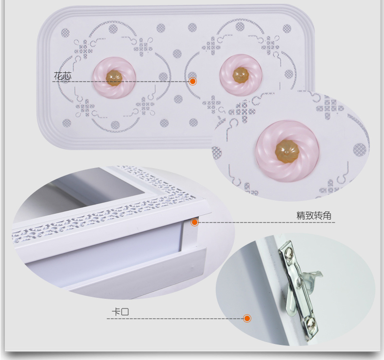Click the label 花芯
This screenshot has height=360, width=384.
[x=63, y=76]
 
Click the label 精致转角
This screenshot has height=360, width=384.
[x=314, y=215]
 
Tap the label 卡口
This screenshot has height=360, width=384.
[x=120, y=312]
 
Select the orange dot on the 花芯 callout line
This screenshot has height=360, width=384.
[x=193, y=81]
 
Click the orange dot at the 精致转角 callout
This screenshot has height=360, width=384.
[x=195, y=222]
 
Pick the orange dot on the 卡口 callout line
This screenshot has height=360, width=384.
[x=247, y=318]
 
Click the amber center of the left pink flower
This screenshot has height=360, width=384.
[x=114, y=78]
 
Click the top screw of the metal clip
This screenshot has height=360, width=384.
[x=289, y=255]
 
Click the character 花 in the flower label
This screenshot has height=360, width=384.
[x=58, y=76]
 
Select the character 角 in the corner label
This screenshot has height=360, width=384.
[x=328, y=215]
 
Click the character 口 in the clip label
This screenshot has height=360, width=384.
[x=125, y=312]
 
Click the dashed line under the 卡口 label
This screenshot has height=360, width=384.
[x=175, y=319]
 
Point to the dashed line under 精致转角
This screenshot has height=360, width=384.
[x=266, y=223]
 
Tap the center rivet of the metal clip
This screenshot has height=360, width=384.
[x=300, y=280]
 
